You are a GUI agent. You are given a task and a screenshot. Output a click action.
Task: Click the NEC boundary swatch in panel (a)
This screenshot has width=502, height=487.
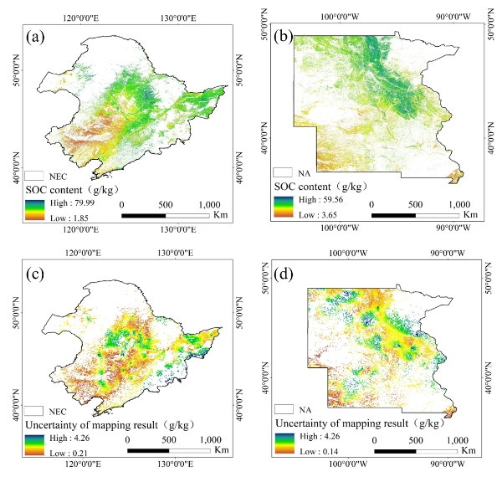pos(34,176)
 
